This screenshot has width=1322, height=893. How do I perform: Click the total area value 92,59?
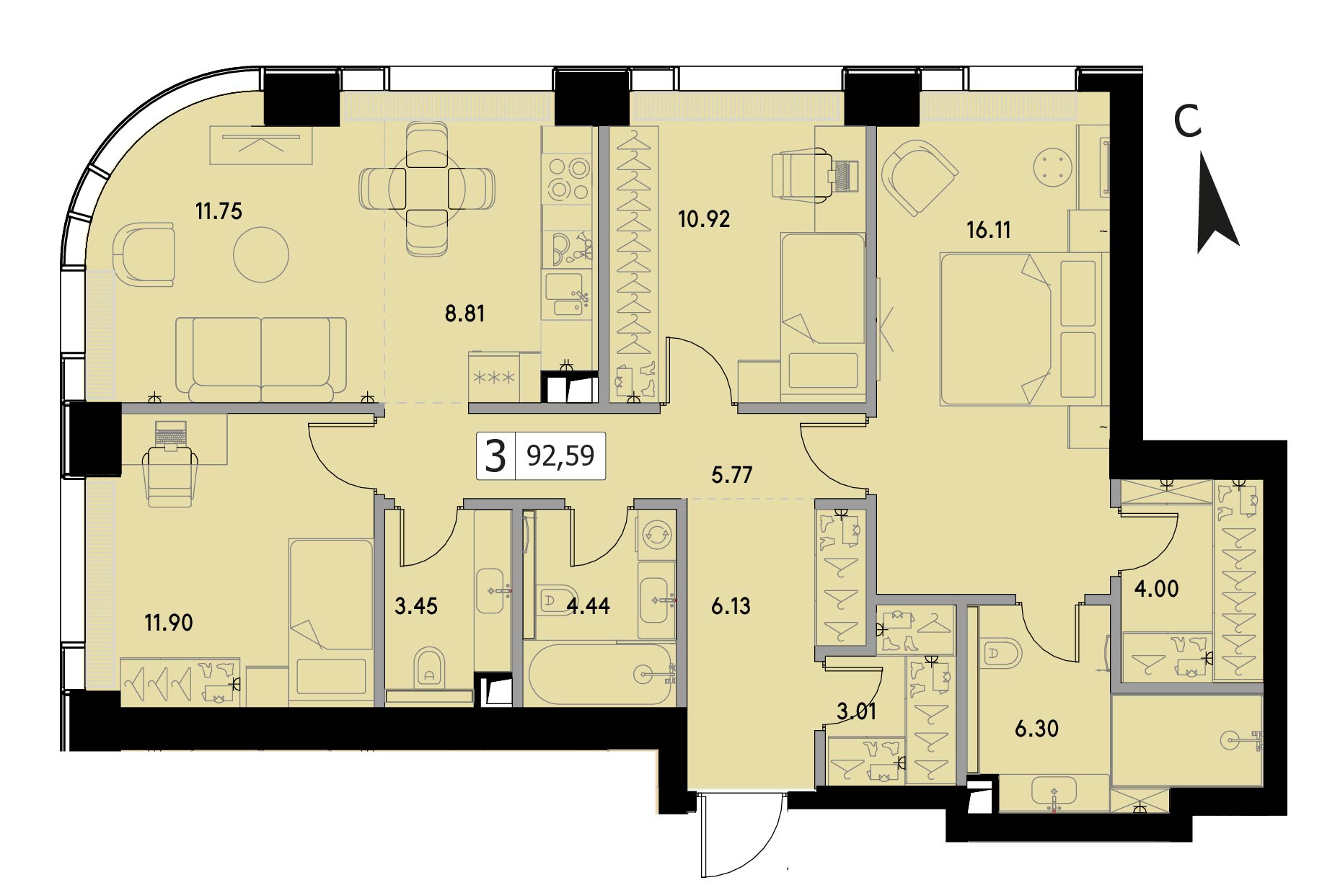pyautogui.click(x=560, y=456)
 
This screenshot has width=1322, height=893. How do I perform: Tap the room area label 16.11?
pyautogui.click(x=988, y=230)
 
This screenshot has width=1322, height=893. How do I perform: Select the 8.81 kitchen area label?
pyautogui.click(x=464, y=314)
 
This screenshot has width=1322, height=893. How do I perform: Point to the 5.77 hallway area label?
pyautogui.click(x=731, y=475)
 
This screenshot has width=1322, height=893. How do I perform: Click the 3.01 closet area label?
pyautogui.click(x=857, y=711)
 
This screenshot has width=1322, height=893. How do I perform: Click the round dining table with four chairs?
pyautogui.click(x=427, y=189)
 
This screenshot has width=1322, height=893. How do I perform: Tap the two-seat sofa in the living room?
pyautogui.click(x=261, y=360)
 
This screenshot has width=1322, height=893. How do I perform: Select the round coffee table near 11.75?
pyautogui.click(x=261, y=254)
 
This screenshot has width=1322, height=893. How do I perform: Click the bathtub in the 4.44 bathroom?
pyautogui.click(x=600, y=674)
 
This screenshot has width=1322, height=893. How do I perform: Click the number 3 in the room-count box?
pyautogui.click(x=495, y=456)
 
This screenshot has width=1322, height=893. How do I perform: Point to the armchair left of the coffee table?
pyautogui.click(x=144, y=254)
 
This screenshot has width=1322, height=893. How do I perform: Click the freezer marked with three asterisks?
pyautogui.click(x=494, y=377)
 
